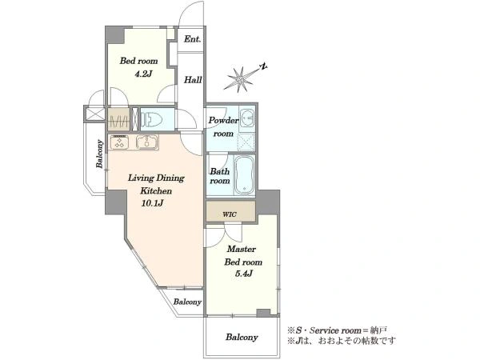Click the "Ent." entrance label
193,39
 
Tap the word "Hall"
193,80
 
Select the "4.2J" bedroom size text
143,74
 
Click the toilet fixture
151,118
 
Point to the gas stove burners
119,142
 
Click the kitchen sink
147,142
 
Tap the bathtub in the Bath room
244,174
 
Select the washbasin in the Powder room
246,118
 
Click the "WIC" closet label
230,214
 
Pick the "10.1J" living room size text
152,203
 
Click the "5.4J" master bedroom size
244,274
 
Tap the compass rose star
240,79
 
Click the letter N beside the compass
263,66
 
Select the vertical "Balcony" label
99,154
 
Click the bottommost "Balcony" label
242,338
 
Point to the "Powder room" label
223,126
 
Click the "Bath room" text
220,176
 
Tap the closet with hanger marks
118,119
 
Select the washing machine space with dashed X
246,142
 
